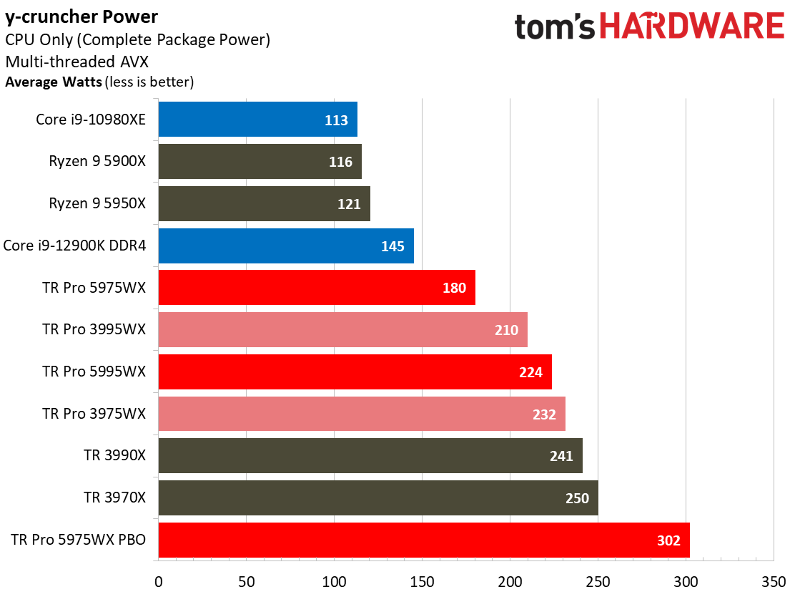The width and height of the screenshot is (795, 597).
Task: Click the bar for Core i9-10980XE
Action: click(257, 120)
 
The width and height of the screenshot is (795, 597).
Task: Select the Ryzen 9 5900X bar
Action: click(260, 162)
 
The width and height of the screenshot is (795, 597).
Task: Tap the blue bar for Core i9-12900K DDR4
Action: click(286, 246)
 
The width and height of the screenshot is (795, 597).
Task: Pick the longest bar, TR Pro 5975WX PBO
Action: click(423, 540)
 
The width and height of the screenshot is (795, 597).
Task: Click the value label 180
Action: click(454, 288)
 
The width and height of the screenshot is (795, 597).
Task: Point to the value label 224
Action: click(530, 372)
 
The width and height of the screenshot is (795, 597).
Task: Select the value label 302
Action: click(668, 540)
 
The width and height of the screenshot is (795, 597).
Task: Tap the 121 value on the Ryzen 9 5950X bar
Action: click(349, 204)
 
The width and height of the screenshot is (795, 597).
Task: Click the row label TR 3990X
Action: click(114, 456)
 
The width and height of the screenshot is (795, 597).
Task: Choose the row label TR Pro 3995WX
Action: click(94, 330)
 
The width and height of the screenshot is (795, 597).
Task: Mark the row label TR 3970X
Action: click(114, 498)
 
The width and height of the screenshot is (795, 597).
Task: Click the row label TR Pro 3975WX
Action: click(94, 414)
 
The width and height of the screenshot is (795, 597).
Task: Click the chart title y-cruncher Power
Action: click(82, 16)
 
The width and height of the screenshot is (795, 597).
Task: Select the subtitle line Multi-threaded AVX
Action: click(76, 61)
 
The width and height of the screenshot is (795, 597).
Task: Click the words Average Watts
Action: click(53, 82)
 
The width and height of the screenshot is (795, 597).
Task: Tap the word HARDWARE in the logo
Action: click(691, 26)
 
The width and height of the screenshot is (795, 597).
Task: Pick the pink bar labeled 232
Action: click(361, 414)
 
